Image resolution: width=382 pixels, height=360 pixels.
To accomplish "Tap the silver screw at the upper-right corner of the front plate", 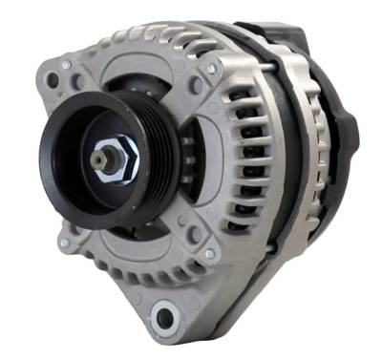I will (x=210, y=69).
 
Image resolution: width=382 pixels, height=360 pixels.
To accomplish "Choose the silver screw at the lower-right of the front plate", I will (x=209, y=255).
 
